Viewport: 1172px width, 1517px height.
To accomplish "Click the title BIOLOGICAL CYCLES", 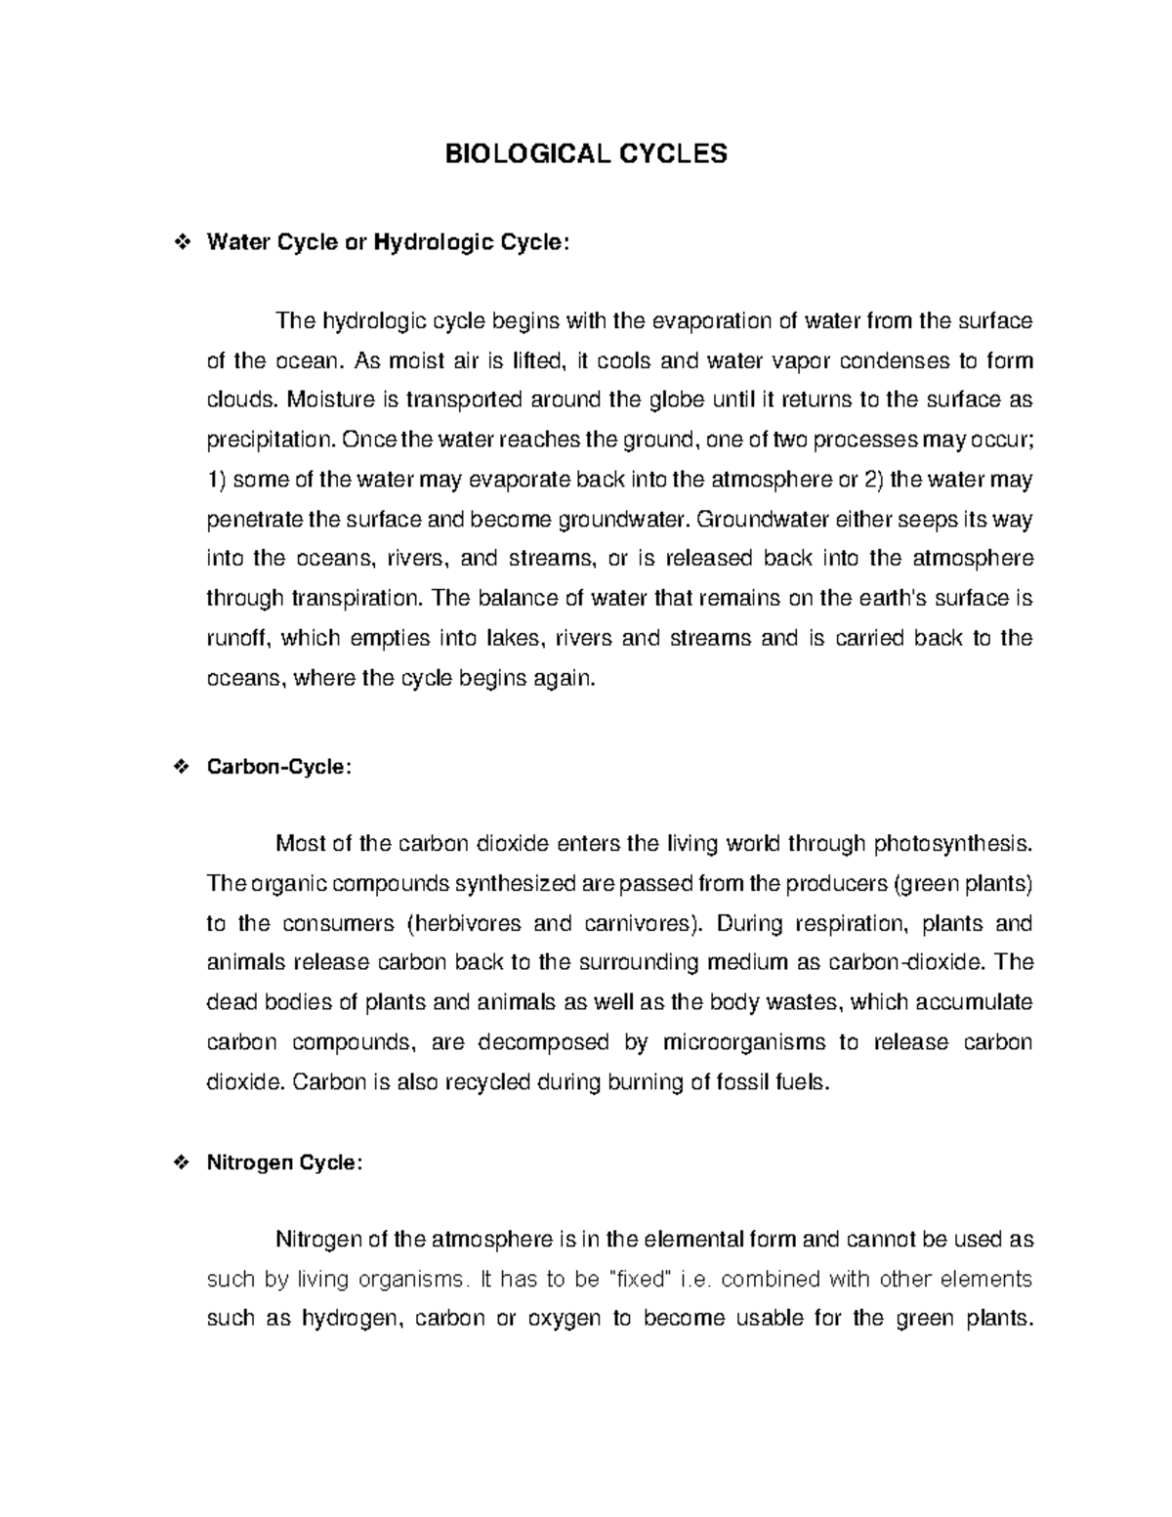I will click(x=586, y=154).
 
